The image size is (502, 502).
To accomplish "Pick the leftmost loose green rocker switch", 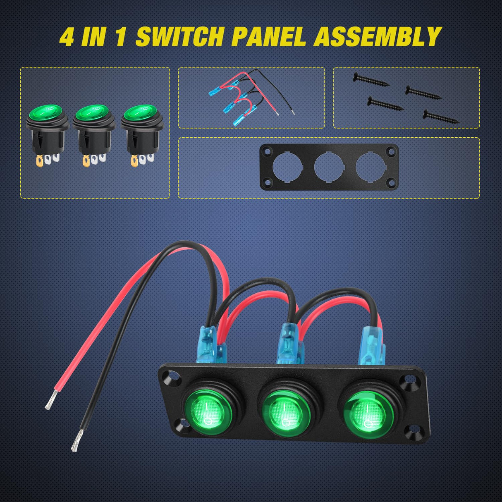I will tap(47, 128).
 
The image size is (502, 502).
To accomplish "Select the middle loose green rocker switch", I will tap(94, 128).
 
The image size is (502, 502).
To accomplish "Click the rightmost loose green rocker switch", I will tap(142, 128).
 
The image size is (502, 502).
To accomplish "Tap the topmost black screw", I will tap(370, 79).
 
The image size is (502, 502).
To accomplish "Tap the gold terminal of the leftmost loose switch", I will tap(39, 160).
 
